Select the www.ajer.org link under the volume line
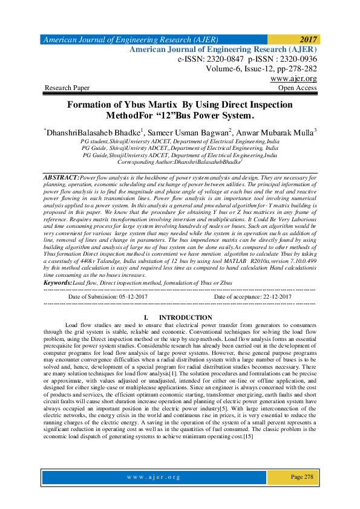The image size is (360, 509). click(x=293, y=79)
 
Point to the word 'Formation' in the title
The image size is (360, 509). click(x=93, y=105)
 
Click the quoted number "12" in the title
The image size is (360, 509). click(x=187, y=115)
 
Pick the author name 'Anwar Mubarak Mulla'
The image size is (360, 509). click(x=273, y=131)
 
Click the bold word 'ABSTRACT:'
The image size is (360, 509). click(x=62, y=179)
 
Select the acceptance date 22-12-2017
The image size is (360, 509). click(x=270, y=297)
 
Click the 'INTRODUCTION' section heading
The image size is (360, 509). click(x=185, y=317)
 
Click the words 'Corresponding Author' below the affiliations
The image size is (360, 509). click(x=145, y=163)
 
